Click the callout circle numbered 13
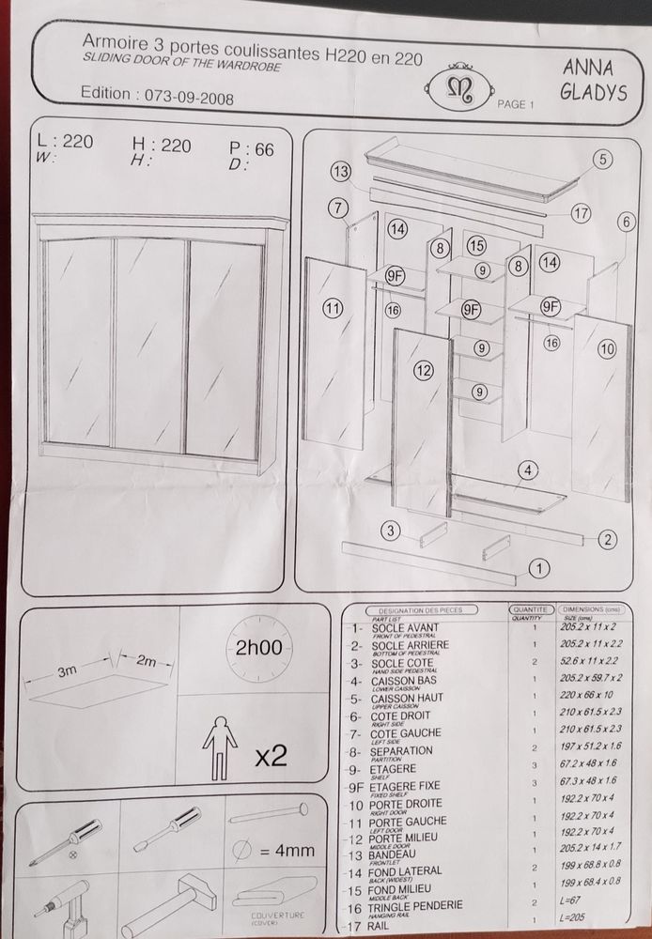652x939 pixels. tap(340, 171)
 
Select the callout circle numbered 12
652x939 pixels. tap(424, 372)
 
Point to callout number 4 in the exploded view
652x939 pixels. tap(529, 469)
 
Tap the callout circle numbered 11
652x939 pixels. tap(332, 306)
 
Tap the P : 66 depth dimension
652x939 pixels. tap(252, 149)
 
